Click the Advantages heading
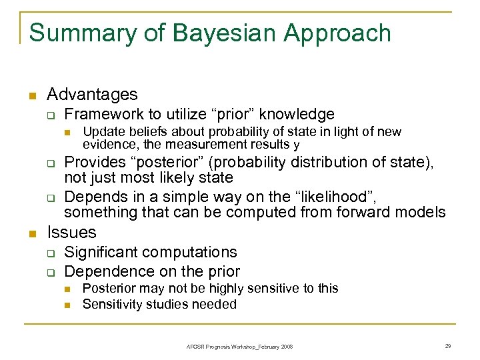[93, 95]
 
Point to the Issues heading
[72, 232]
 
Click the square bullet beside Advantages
[31, 96]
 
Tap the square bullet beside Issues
[31, 233]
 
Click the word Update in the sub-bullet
[101, 132]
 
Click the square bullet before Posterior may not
[68, 289]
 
